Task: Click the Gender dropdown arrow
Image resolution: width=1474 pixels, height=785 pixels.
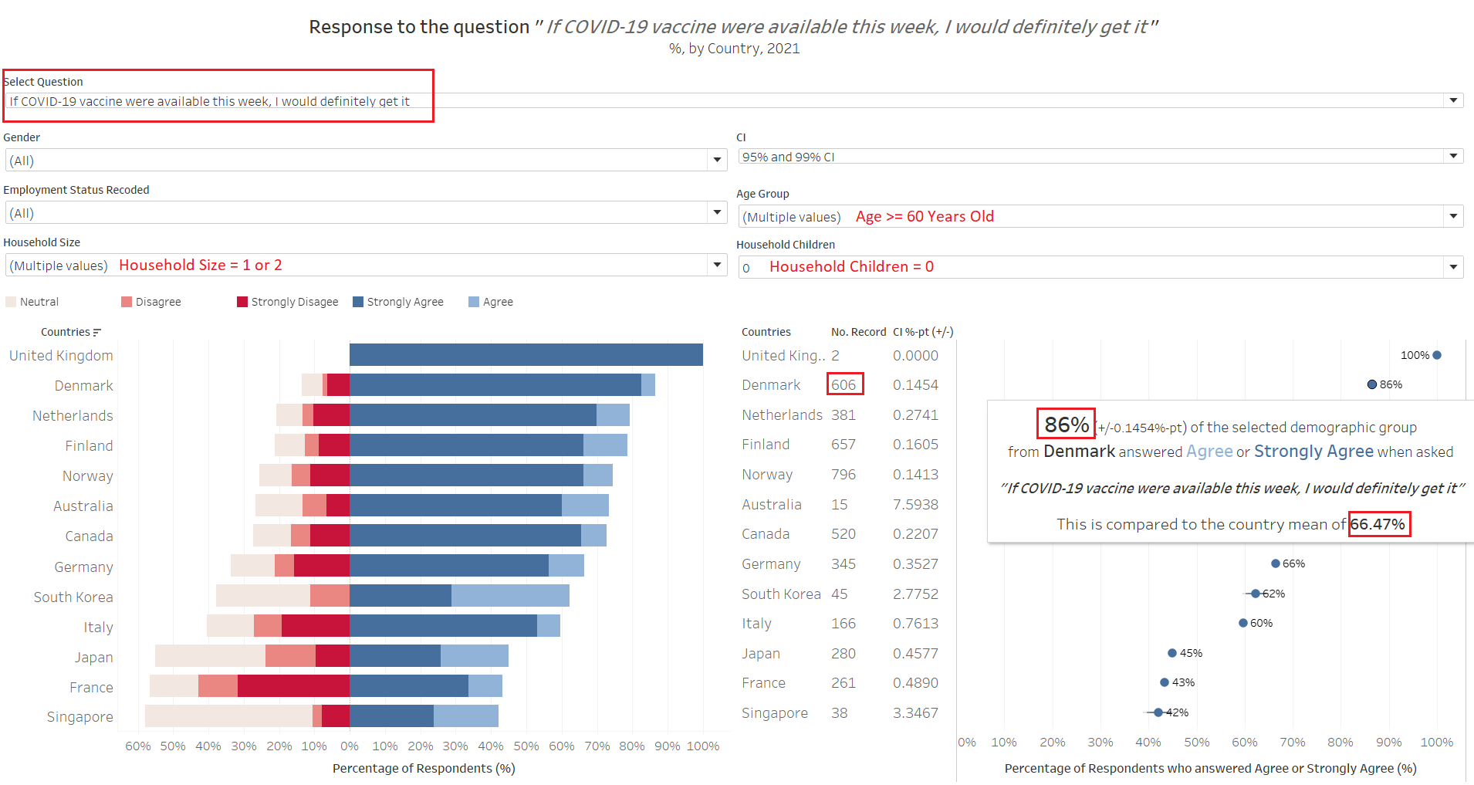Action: [x=717, y=160]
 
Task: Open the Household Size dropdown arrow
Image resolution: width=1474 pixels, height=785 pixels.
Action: [x=717, y=265]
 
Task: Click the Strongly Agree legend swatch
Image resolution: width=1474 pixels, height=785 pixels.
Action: [x=358, y=302]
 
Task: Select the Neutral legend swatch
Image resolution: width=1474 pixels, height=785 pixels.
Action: [x=11, y=302]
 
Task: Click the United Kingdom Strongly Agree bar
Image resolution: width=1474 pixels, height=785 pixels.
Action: [x=526, y=355]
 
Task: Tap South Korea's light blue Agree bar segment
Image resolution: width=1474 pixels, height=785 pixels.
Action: [x=510, y=596]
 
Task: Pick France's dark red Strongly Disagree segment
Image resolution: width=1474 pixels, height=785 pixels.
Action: [x=293, y=686]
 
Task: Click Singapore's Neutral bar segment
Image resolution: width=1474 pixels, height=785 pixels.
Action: [x=228, y=716]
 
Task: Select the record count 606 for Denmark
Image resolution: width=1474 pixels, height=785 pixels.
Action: [x=843, y=384]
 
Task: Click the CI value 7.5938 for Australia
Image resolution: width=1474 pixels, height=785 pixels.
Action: [x=915, y=505]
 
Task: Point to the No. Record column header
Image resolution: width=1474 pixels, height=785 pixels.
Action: [x=858, y=332]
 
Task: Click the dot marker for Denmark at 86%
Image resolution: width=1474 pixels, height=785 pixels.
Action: [x=1371, y=384]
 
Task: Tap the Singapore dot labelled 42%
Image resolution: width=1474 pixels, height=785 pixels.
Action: [x=1158, y=712]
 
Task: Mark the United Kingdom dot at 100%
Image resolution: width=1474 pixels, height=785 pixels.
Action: [x=1437, y=355]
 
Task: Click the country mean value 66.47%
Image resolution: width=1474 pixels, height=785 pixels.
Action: [x=1378, y=524]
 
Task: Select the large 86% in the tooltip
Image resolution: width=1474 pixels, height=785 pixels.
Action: [x=1066, y=425]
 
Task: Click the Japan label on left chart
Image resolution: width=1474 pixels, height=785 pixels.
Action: [x=93, y=657]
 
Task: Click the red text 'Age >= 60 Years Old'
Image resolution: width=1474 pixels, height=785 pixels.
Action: [x=925, y=217]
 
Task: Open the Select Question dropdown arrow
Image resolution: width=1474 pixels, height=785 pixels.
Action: [x=1453, y=100]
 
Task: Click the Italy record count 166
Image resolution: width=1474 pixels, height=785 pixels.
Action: [x=843, y=624]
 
